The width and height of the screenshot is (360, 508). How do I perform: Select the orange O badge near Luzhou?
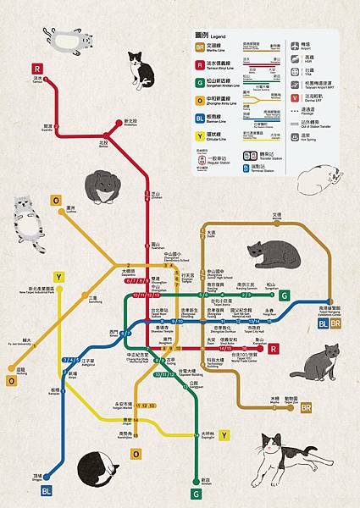pos(56,201)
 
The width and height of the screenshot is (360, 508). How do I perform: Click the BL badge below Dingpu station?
pos(46,490)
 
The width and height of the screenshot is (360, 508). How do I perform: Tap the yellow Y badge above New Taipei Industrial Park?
pos(58,278)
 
